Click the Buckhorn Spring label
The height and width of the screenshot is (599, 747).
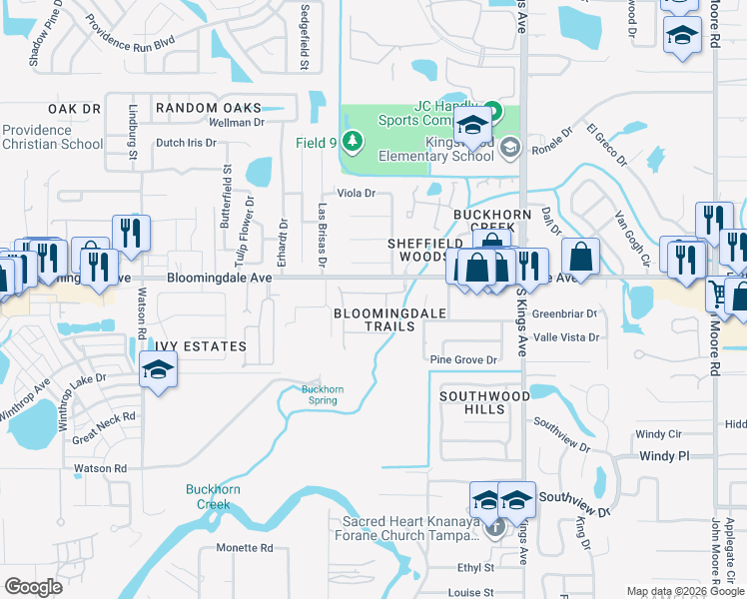tap(323, 395)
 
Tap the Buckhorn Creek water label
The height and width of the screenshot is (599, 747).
tap(208, 496)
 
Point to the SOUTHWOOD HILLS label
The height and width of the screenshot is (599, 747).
tap(485, 402)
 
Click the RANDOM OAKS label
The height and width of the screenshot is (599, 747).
tap(208, 108)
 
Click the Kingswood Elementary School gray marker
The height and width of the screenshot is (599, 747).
tap(510, 149)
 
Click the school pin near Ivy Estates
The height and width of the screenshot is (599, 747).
tap(156, 370)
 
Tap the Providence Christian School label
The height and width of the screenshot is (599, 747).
tap(52, 137)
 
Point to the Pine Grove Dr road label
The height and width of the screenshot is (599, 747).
tap(462, 360)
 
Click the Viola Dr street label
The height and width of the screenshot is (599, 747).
tap(356, 193)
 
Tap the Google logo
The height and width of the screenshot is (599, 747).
tap(34, 587)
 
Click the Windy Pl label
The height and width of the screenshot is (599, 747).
tap(663, 455)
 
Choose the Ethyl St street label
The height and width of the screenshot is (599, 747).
tap(476, 568)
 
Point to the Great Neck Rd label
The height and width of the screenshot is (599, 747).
tap(103, 423)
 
